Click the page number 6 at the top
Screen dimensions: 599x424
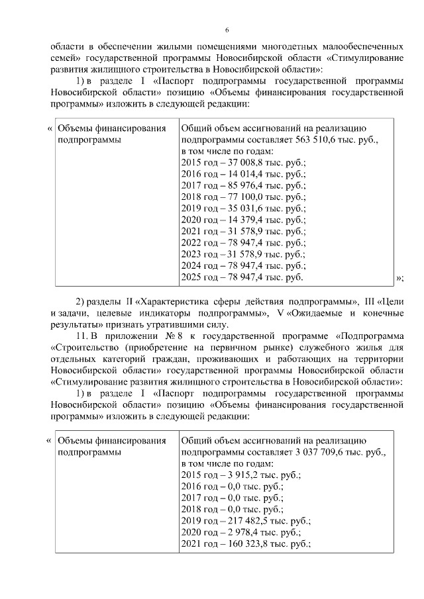click(227, 30)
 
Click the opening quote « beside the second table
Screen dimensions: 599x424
click(49, 439)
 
